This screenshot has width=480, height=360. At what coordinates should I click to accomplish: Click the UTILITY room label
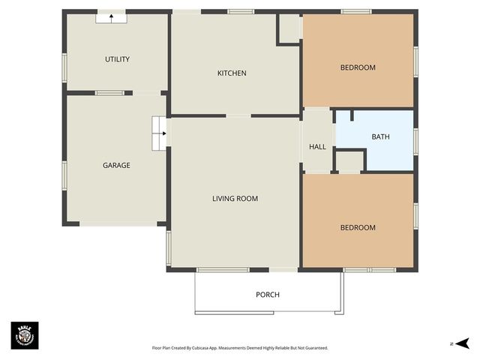(x=117, y=59)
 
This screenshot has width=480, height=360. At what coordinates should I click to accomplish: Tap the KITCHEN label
(x=232, y=73)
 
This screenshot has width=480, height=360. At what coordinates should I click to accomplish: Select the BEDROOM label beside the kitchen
(x=358, y=67)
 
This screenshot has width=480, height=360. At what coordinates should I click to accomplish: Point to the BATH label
(x=380, y=136)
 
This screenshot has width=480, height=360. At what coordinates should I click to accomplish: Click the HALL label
(x=317, y=146)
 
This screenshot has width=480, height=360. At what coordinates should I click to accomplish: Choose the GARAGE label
(x=116, y=165)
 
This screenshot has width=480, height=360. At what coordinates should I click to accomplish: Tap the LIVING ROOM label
(x=235, y=199)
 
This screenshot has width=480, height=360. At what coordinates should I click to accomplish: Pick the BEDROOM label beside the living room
(x=358, y=227)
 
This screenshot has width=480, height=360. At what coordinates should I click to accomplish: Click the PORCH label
(x=268, y=295)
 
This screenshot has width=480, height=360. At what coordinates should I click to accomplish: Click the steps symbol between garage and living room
(x=159, y=133)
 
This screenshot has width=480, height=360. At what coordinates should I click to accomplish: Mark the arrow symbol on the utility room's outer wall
(x=111, y=17)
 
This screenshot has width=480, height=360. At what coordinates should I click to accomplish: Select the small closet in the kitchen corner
(x=289, y=28)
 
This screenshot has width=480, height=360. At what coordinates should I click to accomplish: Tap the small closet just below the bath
(x=349, y=160)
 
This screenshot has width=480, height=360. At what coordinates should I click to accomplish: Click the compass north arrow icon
(x=461, y=343)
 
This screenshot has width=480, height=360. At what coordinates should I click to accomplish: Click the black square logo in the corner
(x=24, y=334)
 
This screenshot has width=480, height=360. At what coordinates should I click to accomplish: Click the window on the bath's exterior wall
(x=415, y=140)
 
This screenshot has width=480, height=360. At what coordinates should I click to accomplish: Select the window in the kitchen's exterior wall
(x=241, y=11)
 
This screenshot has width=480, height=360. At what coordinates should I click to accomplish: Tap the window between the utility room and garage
(x=109, y=93)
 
